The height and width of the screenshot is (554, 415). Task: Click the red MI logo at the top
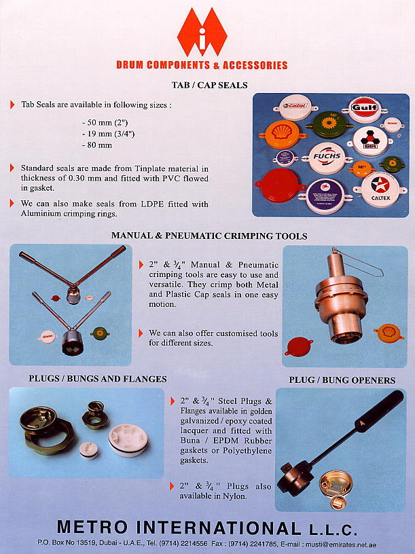pyautogui.click(x=202, y=33)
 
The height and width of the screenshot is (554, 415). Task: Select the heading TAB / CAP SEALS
pyautogui.click(x=209, y=86)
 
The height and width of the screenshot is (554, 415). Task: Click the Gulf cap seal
pyautogui.click(x=364, y=109)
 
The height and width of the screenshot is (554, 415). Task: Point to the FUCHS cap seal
pyautogui.click(x=327, y=158)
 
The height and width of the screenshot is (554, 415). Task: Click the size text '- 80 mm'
pyautogui.click(x=96, y=145)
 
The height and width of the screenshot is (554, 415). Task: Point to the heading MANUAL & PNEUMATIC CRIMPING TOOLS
pyautogui.click(x=209, y=236)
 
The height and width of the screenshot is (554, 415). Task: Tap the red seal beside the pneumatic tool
pyautogui.click(x=299, y=346)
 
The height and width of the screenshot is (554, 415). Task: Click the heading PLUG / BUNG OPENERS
pyautogui.click(x=342, y=380)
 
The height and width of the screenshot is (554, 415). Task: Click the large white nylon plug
pyautogui.click(x=128, y=439)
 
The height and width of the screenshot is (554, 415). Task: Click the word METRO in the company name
pyautogui.click(x=97, y=528)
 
